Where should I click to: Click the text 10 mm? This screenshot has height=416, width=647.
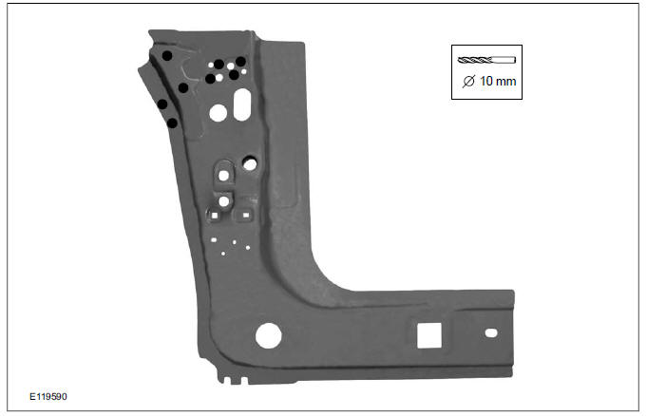498,82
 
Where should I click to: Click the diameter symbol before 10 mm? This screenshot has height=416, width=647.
467,82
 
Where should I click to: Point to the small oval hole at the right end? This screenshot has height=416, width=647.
490,333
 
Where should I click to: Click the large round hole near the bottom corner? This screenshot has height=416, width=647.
269,335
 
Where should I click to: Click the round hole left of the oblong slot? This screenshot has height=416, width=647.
218,113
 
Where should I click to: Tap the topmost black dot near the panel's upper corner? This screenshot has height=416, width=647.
167,56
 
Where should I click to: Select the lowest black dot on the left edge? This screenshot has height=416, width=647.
172,123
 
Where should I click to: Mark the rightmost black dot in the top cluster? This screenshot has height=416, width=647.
241,62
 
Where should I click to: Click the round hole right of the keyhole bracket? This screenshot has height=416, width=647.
250,163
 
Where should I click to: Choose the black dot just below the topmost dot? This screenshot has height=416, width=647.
182,87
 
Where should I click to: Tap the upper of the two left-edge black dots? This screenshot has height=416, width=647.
162,104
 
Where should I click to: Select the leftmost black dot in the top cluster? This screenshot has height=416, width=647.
210,79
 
